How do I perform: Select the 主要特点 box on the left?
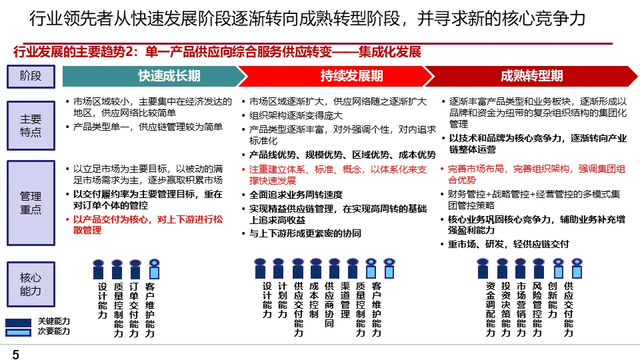31,125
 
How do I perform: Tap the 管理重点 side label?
31,203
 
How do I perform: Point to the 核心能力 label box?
31,284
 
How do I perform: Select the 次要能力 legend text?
53,331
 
